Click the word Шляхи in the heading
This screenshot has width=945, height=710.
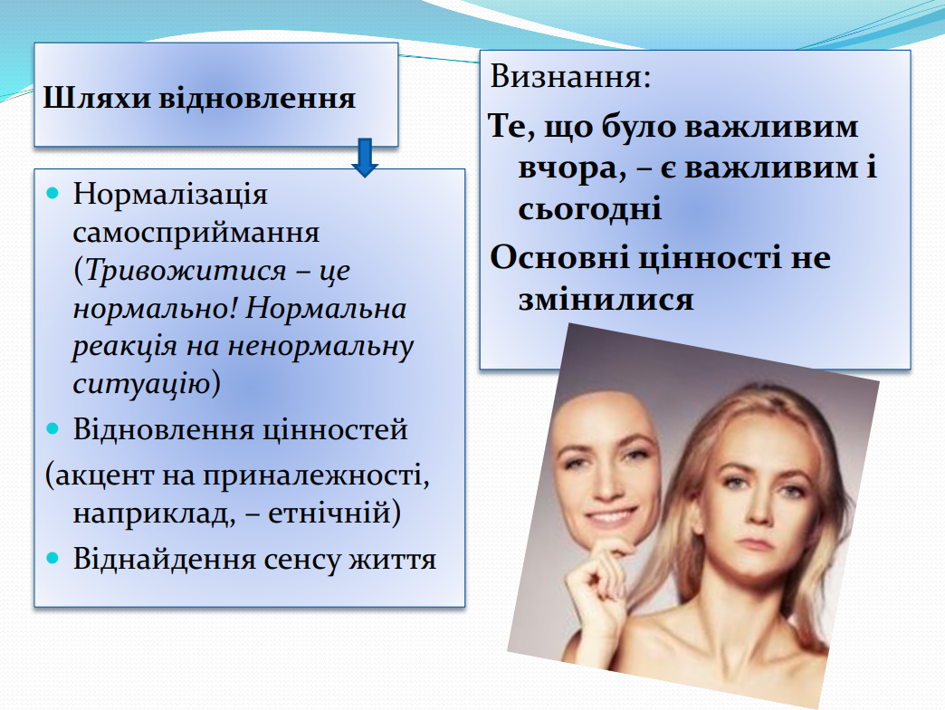(97, 99)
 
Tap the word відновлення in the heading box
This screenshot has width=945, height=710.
(257, 98)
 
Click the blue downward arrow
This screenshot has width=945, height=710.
(365, 158)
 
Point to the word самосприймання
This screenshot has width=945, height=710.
(196, 234)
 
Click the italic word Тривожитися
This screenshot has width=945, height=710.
(186, 271)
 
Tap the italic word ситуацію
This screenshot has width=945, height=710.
(141, 384)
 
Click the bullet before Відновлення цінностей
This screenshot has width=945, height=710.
(53, 428)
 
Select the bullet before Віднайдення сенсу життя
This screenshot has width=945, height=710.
(53, 558)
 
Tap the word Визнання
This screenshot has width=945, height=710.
(566, 78)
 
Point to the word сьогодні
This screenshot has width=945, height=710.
(590, 208)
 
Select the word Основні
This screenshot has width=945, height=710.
(559, 257)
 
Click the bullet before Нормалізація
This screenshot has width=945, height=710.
(53, 194)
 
